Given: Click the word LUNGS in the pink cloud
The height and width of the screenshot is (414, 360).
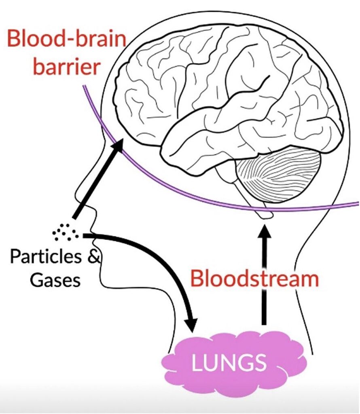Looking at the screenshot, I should point(229,362).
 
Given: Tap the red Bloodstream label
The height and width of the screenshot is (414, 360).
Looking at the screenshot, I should point(254,279).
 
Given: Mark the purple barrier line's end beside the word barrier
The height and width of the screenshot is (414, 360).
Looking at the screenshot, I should point(84,86).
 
